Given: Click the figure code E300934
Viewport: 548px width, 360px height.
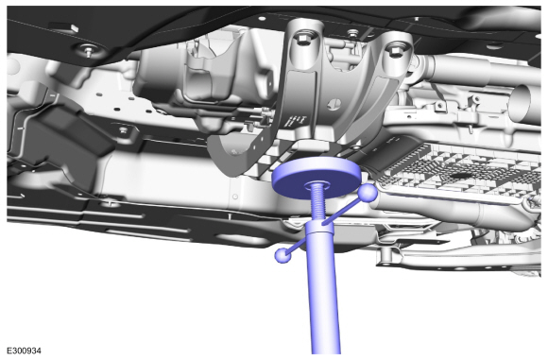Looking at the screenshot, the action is click(x=25, y=351).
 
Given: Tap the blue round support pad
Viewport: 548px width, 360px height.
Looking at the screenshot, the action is click(x=316, y=177).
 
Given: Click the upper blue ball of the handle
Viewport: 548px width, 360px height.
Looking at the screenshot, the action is click(x=368, y=193).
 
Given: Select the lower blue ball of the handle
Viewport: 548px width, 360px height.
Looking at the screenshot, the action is click(x=283, y=255).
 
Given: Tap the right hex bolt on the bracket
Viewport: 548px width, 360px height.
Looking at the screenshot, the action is click(x=395, y=51).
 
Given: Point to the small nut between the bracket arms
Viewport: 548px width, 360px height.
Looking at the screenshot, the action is click(x=352, y=34).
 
